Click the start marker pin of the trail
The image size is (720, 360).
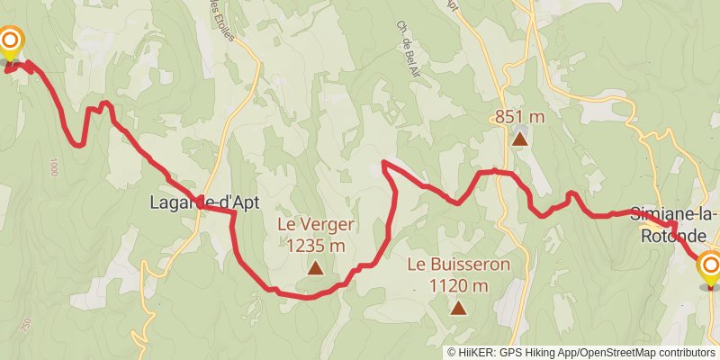(10, 43)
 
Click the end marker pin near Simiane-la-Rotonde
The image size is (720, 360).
(710, 268)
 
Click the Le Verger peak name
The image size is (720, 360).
(315, 225)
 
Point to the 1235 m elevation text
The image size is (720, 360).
(315, 245)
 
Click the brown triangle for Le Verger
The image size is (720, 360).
(315, 267)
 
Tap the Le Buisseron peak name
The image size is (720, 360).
(458, 265)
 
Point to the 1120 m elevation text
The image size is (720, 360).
(458, 286)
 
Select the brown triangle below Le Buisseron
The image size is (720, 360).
(458, 309)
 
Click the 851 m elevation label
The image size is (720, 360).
(519, 117)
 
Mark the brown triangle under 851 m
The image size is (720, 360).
(519, 139)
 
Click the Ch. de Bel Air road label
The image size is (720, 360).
(401, 41)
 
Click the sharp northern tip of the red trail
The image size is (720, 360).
(384, 162)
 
